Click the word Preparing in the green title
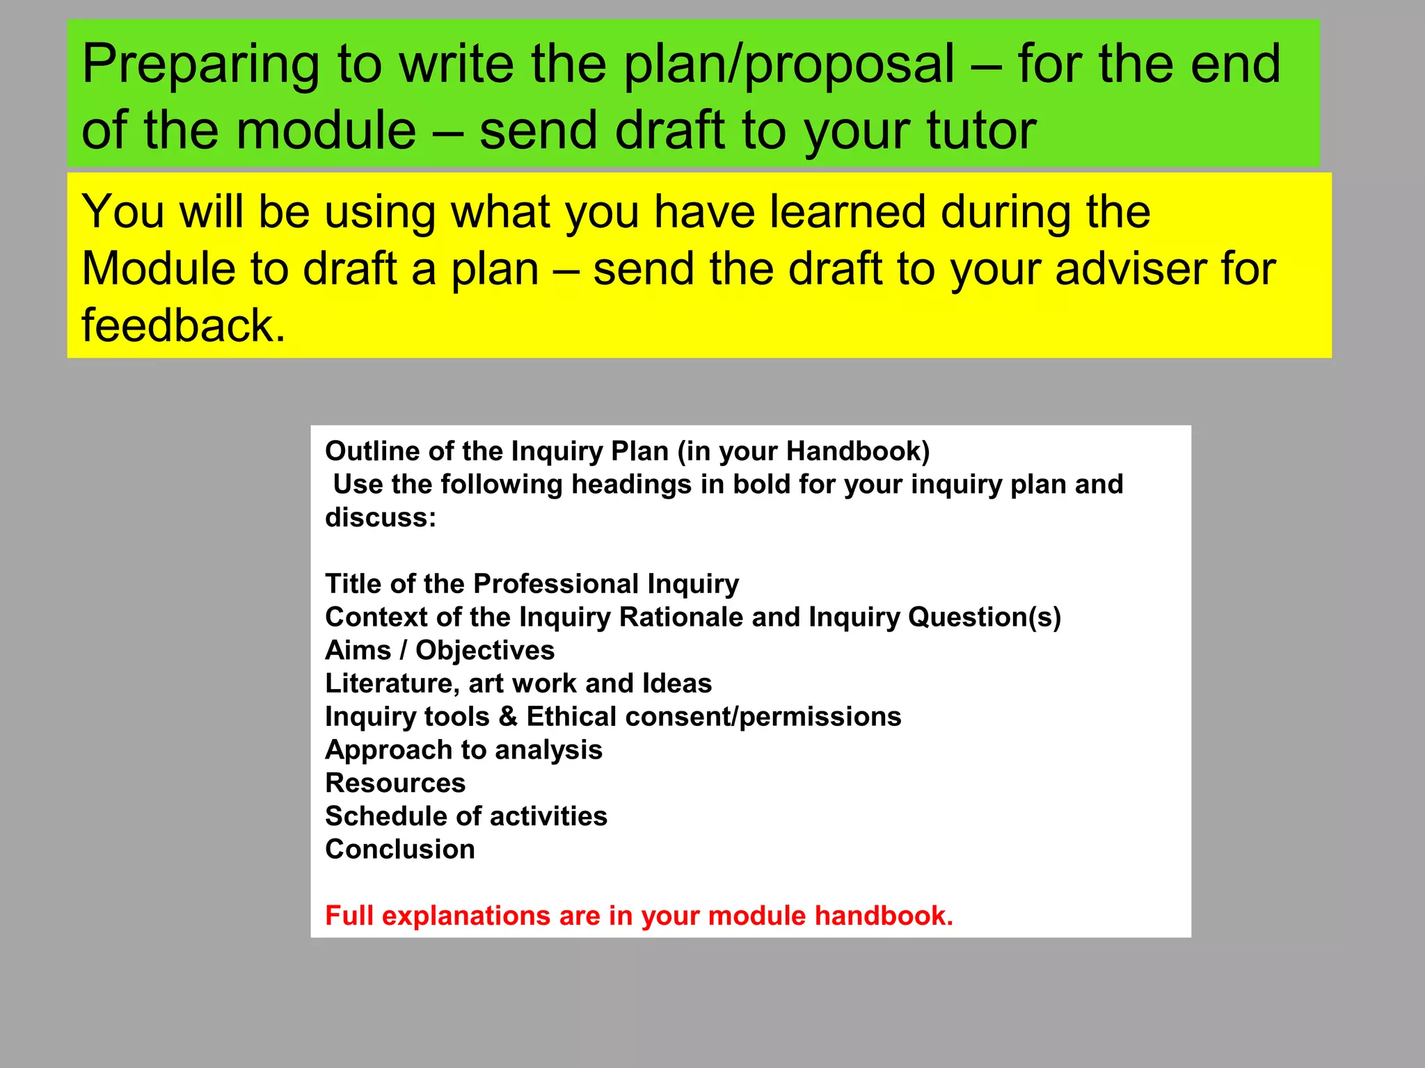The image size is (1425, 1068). [200, 65]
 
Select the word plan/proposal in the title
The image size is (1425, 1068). [789, 65]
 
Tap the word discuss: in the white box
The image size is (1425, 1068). [381, 517]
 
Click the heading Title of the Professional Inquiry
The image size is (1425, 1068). [532, 584]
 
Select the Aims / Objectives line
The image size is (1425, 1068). [440, 651]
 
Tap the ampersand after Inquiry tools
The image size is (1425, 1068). [508, 717]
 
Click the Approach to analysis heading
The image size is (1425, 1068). [463, 750]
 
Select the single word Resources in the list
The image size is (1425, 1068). [395, 784]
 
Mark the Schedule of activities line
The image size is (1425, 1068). [466, 816]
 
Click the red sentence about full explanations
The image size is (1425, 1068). [639, 916]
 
